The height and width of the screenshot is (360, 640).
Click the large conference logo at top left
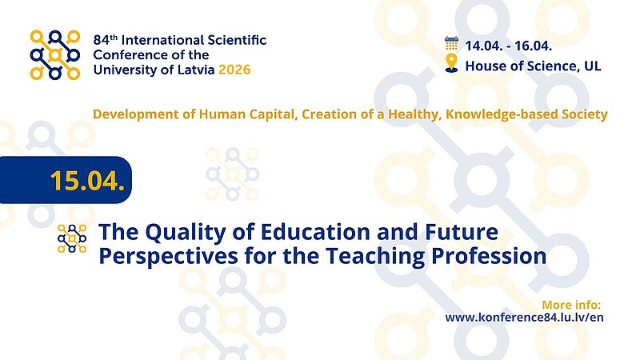[x=55, y=54]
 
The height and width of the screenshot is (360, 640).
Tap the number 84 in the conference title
[x=101, y=40]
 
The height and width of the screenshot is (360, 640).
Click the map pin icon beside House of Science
[x=451, y=64]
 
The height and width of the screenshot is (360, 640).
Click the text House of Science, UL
[x=533, y=66]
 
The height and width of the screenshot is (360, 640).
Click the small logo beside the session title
[x=72, y=238]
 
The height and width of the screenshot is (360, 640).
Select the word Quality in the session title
[x=183, y=233]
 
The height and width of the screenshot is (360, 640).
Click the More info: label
[x=570, y=305]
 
